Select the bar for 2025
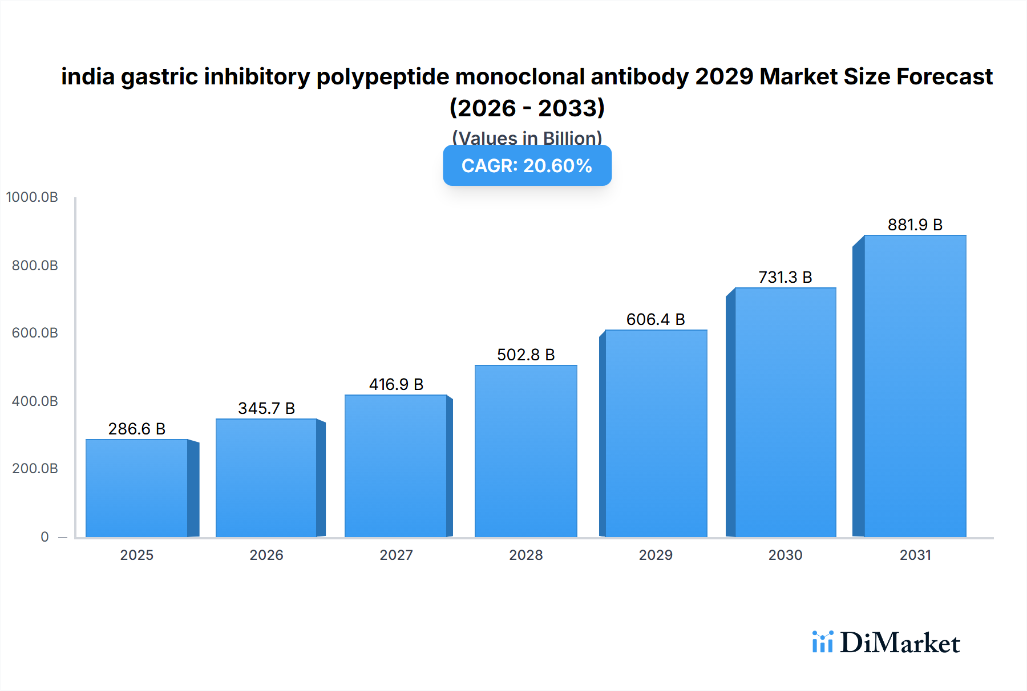click(137, 488)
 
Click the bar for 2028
click(525, 451)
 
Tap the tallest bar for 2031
click(915, 386)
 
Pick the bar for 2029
click(656, 433)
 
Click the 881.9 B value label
click(915, 225)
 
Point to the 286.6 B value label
click(137, 429)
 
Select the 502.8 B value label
click(525, 355)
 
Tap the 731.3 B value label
click(785, 277)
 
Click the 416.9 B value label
click(396, 384)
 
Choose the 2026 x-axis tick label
click(266, 555)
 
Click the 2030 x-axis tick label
click(785, 555)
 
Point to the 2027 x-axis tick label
click(396, 555)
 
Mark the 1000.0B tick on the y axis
click(32, 197)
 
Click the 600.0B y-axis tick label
click(35, 333)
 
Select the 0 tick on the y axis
click(45, 537)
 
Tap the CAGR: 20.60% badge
click(527, 165)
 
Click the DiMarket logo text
click(899, 643)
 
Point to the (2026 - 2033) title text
click(527, 108)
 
